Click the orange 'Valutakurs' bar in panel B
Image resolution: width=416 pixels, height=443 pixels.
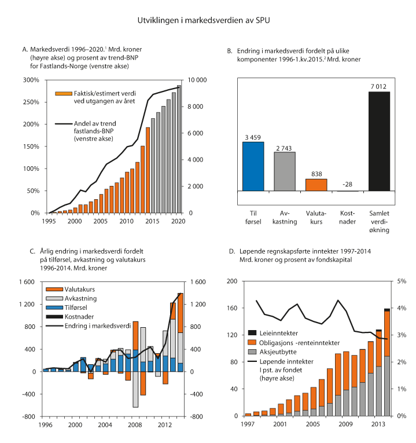click(x=315, y=184)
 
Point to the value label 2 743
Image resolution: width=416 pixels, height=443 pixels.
click(x=284, y=147)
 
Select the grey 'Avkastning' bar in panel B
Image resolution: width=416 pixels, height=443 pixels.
click(x=284, y=171)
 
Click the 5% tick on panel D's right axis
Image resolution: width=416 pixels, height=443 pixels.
click(x=400, y=281)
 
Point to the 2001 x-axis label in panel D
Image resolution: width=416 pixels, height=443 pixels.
click(x=279, y=424)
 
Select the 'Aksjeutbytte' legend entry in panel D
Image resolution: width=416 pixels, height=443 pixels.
click(x=281, y=351)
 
